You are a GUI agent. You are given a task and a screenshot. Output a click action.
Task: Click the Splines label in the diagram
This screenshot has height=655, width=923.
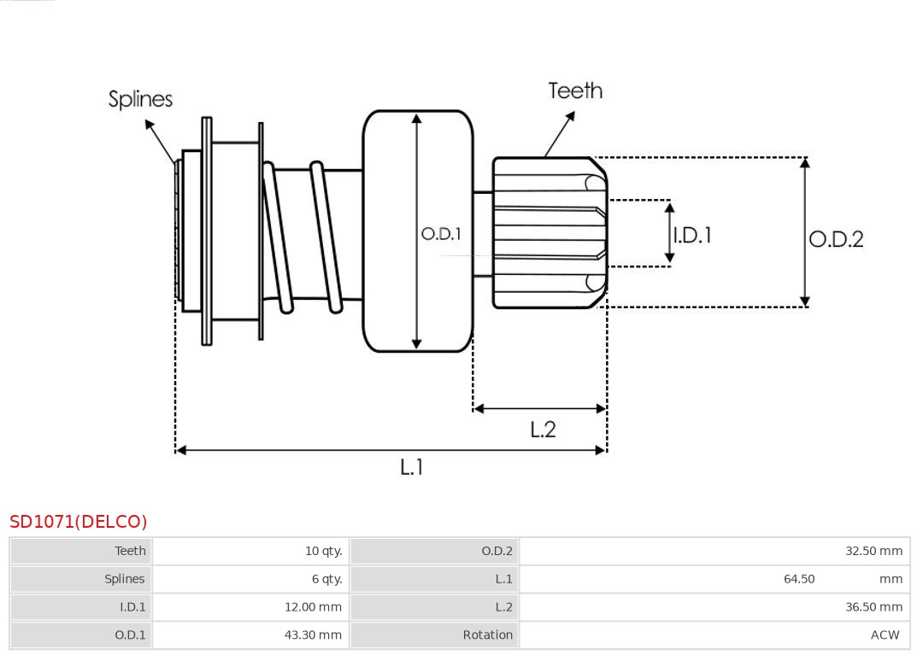point(140,99)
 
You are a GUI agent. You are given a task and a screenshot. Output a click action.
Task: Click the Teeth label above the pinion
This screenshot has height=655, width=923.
point(575,91)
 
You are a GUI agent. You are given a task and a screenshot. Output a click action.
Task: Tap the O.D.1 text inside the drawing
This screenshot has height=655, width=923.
point(441,233)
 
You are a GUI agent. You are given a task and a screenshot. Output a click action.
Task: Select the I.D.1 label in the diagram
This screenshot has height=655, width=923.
point(692,235)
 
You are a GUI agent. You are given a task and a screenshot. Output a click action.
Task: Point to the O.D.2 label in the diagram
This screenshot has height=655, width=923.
point(836,239)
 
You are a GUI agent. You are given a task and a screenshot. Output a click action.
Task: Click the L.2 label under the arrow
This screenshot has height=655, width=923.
point(543,429)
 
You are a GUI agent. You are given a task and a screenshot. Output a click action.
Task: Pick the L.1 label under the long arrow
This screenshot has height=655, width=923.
point(412,466)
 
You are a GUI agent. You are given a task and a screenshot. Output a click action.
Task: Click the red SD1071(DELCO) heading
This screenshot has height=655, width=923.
point(79,522)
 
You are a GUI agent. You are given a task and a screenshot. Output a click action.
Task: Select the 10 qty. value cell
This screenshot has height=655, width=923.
point(323,551)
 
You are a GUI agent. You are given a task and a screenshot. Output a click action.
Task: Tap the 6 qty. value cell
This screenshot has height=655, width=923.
point(326,579)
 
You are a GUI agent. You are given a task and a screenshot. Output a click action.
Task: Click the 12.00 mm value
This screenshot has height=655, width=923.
point(313,607)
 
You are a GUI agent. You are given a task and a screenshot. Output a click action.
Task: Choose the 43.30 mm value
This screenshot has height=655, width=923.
point(313,635)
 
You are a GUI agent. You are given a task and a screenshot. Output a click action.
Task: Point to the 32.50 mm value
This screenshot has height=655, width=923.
point(873,551)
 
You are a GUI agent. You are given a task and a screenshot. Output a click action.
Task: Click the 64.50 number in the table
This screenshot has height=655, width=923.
point(799,579)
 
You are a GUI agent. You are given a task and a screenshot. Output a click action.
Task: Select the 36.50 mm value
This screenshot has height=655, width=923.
point(873,607)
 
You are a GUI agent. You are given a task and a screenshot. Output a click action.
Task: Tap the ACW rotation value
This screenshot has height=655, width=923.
point(885,635)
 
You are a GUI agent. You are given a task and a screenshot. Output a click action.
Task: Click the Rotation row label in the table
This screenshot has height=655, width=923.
point(488,635)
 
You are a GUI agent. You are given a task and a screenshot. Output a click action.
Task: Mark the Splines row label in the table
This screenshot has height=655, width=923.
point(125,579)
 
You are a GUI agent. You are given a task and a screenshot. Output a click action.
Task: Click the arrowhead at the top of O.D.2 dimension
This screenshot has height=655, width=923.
point(804,162)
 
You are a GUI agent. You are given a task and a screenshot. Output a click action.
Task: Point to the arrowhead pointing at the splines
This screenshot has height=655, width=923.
point(149,125)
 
